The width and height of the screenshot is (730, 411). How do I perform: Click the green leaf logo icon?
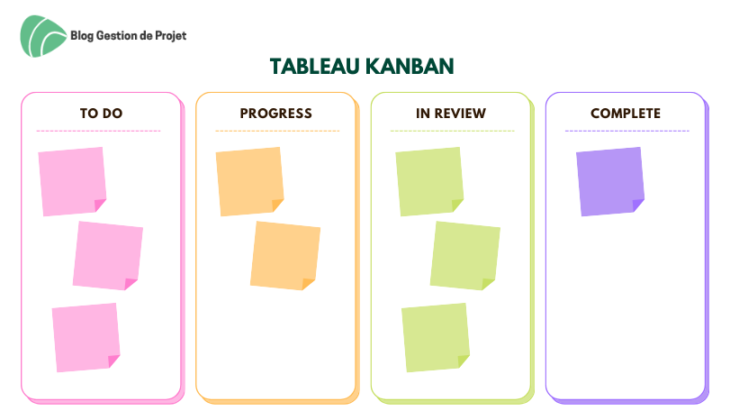click(43, 36)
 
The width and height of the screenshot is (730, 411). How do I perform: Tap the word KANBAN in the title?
click(410, 66)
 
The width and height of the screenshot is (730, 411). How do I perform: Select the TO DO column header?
click(101, 114)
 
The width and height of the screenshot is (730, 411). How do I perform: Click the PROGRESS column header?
click(276, 114)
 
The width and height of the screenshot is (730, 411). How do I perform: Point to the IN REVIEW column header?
click(451, 114)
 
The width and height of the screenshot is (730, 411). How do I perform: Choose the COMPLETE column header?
click(626, 114)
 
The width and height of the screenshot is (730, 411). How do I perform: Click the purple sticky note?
click(610, 181)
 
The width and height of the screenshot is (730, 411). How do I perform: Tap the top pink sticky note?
click(72, 181)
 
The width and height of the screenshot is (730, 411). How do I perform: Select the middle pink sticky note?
click(108, 255)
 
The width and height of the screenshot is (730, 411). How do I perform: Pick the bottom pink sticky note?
click(86, 337)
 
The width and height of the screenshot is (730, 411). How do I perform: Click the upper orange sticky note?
click(249, 181)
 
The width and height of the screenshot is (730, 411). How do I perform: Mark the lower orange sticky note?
click(285, 255)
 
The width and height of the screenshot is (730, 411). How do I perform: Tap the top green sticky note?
click(429, 181)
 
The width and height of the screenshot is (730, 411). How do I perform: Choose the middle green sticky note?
click(465, 255)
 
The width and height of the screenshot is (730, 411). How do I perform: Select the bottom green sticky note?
click(436, 337)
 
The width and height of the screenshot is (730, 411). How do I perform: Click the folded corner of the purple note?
click(637, 205)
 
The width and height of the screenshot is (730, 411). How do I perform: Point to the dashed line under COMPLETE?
click(627, 131)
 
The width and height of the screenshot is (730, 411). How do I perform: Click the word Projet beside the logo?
click(170, 36)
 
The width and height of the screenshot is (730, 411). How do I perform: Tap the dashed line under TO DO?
click(98, 131)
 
